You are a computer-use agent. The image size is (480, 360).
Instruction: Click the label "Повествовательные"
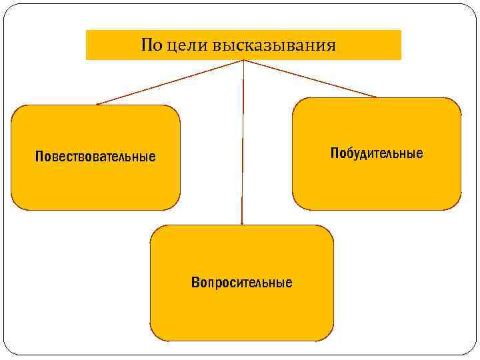pos(95,157)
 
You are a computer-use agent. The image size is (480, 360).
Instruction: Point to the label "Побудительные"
pos(377,153)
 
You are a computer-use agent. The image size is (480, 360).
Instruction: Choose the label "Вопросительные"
pos(241,283)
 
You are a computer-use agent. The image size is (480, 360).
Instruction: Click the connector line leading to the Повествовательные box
pos(170,83)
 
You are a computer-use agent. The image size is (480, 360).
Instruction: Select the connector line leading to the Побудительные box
pos(310,79)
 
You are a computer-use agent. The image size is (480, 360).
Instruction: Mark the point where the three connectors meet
pos(243,61)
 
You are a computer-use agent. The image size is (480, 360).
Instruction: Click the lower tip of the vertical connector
pos(242,224)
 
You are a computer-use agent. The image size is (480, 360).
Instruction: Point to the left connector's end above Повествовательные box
pos(97,104)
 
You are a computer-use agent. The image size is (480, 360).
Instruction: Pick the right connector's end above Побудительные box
pos(376,97)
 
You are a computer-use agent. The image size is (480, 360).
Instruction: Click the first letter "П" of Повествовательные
pos(39,157)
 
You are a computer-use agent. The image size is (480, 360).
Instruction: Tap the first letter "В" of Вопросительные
pos(195,283)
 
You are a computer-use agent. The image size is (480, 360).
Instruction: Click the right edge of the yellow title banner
pos(401,45)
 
